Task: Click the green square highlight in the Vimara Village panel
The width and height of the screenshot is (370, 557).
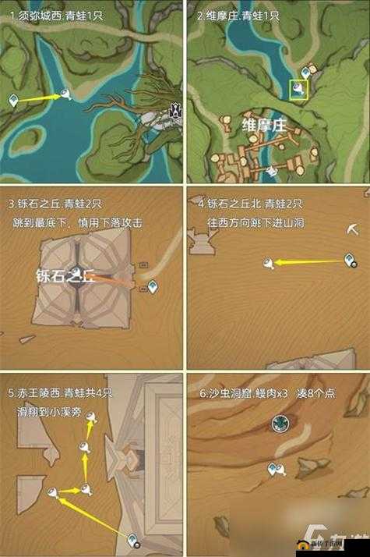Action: click(299, 90)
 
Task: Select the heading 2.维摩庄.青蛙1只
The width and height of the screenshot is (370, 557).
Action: click(238, 16)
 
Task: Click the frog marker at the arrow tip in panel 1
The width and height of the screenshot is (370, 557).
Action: click(69, 94)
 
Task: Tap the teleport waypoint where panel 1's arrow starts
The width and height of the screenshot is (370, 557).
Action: click(13, 100)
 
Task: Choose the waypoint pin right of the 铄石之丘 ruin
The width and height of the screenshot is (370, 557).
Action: click(152, 287)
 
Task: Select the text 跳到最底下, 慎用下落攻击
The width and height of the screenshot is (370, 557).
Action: click(78, 222)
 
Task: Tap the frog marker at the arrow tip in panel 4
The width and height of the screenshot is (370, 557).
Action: click(270, 264)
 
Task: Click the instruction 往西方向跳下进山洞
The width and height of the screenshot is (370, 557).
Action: click(256, 222)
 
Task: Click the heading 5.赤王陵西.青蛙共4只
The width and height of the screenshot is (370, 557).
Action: click(61, 392)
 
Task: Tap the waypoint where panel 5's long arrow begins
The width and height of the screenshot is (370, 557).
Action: click(133, 539)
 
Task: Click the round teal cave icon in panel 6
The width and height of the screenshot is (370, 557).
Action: click(279, 423)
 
